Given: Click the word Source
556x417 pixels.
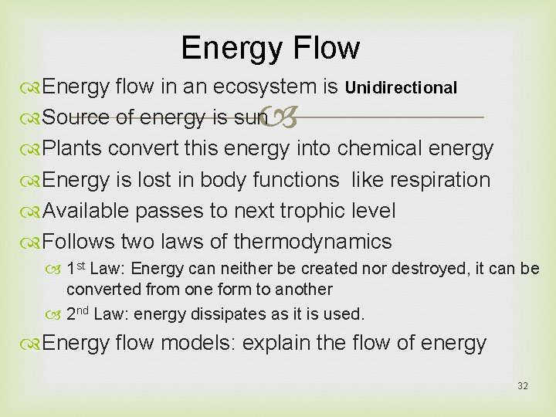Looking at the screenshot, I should [75, 118].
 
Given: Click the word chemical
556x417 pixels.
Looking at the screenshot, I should [380, 148].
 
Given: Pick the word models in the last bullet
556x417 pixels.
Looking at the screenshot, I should [195, 344].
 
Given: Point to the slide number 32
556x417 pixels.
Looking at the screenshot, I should [523, 385].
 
